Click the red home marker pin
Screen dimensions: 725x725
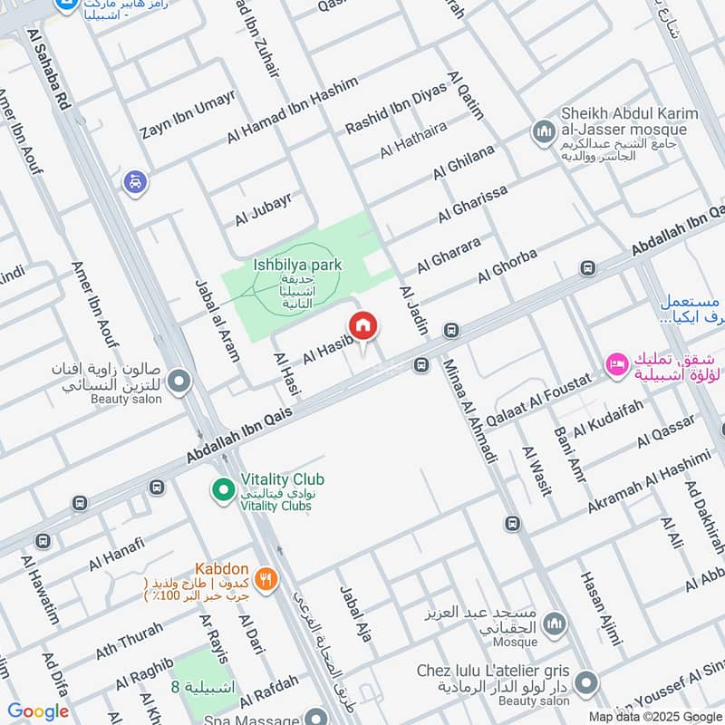point(363,325)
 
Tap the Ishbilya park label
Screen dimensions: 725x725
point(296,266)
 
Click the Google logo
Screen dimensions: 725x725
point(38,711)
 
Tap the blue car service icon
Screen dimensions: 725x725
point(134,181)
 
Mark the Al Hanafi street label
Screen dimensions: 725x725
point(117,553)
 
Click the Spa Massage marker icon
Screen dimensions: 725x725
point(315,717)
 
